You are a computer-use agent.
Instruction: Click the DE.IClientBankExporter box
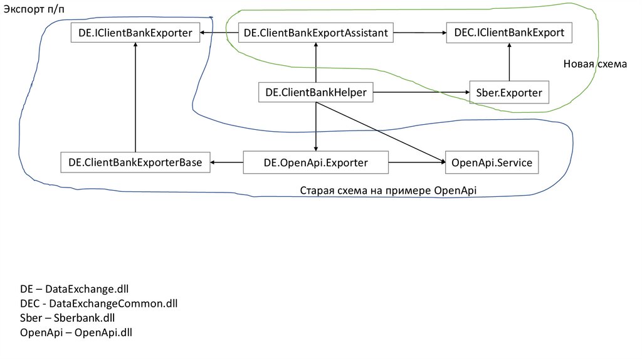(x=135, y=32)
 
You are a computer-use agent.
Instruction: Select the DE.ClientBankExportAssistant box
(x=316, y=32)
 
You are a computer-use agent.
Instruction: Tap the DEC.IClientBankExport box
(x=509, y=32)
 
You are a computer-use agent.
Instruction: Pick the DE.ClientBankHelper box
(x=316, y=93)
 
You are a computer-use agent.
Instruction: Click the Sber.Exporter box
(x=509, y=93)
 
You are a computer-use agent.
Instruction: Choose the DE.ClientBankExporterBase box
(x=135, y=162)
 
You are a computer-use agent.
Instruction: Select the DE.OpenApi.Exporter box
(x=316, y=162)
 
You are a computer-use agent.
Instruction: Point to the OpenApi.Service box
(x=492, y=162)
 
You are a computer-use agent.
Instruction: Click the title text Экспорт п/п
(x=29, y=8)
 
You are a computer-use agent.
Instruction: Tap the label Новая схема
(x=594, y=64)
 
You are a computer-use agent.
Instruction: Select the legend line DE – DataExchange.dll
(x=74, y=289)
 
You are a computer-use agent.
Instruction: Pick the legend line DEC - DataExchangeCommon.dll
(x=99, y=304)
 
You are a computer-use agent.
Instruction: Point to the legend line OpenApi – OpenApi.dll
(x=76, y=332)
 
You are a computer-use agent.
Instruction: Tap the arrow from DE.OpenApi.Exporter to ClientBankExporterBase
(x=226, y=162)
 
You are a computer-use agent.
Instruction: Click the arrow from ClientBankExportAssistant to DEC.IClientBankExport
(x=419, y=32)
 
